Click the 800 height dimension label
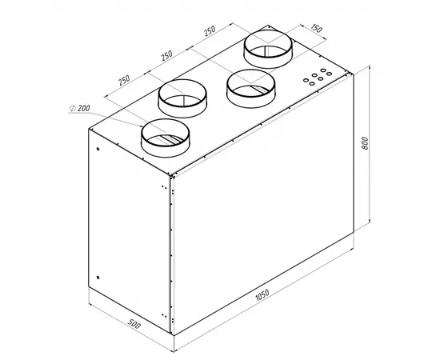click(365, 143)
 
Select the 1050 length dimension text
click(262, 295)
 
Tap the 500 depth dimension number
click(134, 324)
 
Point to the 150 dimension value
click(317, 28)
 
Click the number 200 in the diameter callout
click(84, 108)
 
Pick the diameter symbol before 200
click(72, 108)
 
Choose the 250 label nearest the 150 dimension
click(210, 30)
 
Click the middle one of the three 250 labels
click(166, 55)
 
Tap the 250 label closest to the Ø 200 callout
click(124, 80)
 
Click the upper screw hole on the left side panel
click(98, 149)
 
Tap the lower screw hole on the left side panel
click(98, 278)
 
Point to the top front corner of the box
click(170, 176)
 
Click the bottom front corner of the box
click(172, 334)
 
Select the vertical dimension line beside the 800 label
click(370, 143)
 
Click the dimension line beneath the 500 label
click(131, 327)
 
